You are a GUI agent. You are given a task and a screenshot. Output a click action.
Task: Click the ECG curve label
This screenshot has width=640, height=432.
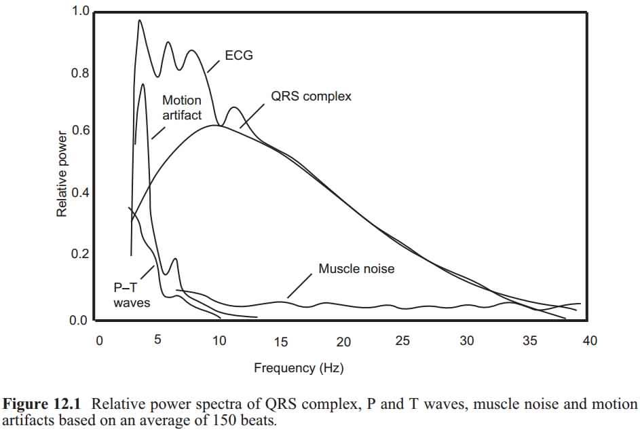[239, 56]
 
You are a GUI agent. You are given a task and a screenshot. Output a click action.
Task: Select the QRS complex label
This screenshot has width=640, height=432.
[311, 96]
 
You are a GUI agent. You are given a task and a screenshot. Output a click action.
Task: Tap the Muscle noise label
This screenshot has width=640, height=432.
[356, 269]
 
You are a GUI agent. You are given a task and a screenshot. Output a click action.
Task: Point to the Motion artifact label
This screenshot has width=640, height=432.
[182, 108]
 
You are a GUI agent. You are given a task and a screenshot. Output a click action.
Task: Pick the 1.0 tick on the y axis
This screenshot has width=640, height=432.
[80, 12]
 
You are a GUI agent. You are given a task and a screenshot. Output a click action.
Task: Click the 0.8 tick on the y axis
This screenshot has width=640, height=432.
[80, 73]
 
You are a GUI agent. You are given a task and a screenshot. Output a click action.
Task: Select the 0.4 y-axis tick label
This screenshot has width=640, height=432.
[80, 194]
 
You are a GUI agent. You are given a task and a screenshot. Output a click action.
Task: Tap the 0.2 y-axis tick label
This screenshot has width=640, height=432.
[80, 255]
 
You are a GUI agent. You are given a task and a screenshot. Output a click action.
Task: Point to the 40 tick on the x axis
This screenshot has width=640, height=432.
[589, 341]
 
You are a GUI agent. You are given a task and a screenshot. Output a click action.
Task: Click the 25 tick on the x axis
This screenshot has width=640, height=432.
[402, 341]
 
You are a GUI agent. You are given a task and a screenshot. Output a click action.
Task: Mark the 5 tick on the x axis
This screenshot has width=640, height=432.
[157, 341]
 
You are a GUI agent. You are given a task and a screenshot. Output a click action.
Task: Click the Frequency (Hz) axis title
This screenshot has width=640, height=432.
[299, 368]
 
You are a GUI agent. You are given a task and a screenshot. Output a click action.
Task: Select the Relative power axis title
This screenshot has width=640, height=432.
[62, 173]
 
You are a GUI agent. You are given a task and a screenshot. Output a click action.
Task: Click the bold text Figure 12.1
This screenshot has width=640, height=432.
[44, 405]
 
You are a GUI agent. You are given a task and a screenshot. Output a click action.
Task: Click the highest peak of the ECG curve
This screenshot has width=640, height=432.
[140, 20]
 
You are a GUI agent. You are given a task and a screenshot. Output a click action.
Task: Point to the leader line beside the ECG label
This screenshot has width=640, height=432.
[214, 65]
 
